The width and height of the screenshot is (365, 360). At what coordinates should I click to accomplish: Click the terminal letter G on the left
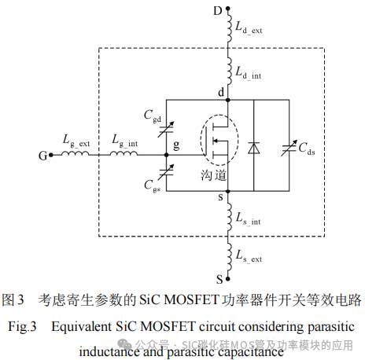point(42,156)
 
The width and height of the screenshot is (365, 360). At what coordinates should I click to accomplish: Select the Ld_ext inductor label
point(252,28)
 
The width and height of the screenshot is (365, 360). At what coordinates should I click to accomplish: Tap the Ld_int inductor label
point(251,72)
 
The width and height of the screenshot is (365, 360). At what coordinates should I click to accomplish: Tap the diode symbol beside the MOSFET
point(253,147)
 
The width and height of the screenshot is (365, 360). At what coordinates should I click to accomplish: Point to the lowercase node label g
point(176,145)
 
